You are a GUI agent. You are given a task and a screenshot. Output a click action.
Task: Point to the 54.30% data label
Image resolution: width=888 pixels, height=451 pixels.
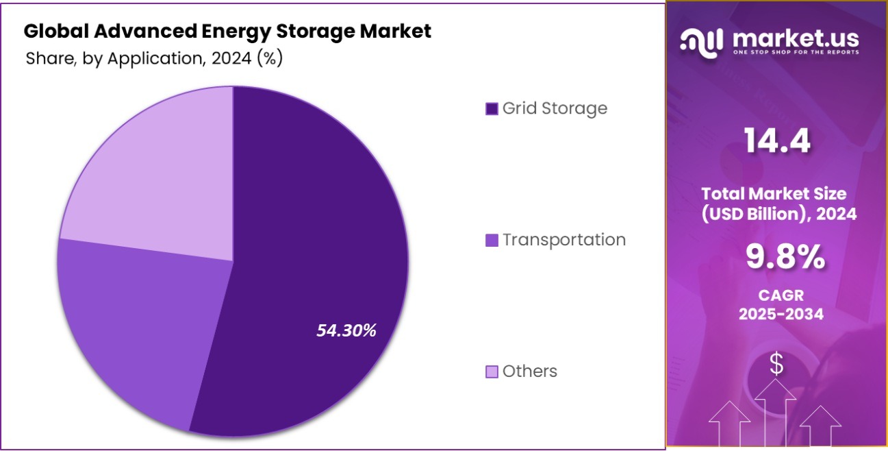pos(346,330)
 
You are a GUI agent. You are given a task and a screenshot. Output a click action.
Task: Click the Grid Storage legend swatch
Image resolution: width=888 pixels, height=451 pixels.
pos(491,109)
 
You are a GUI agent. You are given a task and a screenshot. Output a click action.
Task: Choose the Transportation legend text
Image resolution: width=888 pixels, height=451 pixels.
pos(563,240)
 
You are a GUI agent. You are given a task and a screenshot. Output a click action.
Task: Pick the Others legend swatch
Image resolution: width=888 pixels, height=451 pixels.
pos(491,371)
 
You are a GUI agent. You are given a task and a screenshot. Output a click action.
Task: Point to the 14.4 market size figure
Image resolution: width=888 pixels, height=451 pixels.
pos(777,141)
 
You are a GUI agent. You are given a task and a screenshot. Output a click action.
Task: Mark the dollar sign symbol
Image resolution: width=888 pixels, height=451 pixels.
pos(776,365)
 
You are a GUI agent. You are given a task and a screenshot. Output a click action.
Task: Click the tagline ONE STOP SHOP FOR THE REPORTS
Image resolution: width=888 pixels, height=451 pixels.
pos(795,52)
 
